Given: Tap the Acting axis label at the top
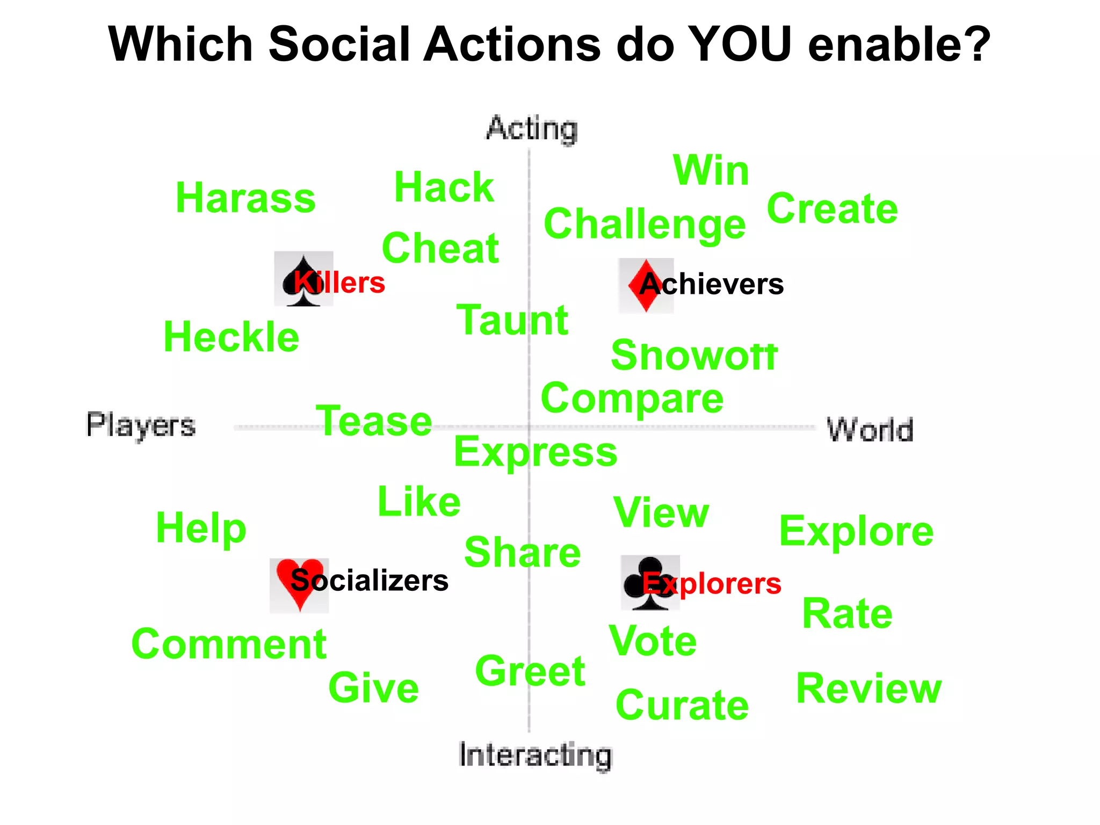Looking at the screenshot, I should pos(532,129).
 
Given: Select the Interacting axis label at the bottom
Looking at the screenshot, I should pos(535,755).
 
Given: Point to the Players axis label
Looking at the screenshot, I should pos(141,425).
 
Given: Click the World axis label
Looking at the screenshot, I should pos(870,430).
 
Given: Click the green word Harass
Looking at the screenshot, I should pos(245,198).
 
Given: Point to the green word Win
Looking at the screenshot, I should pos(711,170).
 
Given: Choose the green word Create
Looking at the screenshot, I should pos(832,208).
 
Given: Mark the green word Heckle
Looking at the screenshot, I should pos(231,337).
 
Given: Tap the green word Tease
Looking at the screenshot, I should pos(374,421).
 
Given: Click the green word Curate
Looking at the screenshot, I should pos(682,705).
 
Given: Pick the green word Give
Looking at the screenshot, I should pos(373,688).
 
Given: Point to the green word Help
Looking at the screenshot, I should pos(201,529).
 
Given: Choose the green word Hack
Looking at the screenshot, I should pos(444,187).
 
